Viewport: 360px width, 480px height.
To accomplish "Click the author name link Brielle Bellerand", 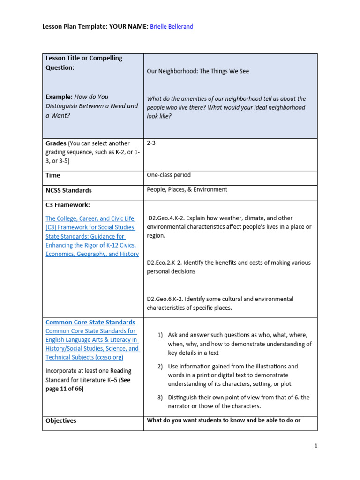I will [x=171, y=27].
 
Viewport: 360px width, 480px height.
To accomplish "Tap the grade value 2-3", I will [x=151, y=143].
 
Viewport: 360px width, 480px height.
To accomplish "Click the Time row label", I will [x=52, y=175].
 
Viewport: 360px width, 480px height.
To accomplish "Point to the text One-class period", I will [x=169, y=175].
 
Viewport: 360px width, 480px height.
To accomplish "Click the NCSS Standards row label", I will [x=68, y=190].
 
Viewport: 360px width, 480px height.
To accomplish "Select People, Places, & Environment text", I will [x=187, y=189].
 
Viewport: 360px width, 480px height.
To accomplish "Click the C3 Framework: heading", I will [x=67, y=205].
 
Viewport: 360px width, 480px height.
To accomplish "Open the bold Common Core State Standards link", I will [x=90, y=322].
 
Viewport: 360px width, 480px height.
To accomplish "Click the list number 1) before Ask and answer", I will [x=160, y=335].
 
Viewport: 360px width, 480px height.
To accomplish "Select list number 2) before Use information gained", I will [x=160, y=366].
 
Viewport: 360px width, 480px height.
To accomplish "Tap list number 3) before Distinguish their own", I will [x=160, y=397].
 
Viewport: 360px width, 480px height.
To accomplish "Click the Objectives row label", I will [x=61, y=420].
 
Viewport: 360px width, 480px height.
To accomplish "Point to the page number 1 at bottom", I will [x=316, y=446].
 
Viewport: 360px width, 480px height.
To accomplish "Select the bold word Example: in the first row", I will [x=59, y=97].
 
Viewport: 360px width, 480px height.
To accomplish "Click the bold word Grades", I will [x=56, y=143].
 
